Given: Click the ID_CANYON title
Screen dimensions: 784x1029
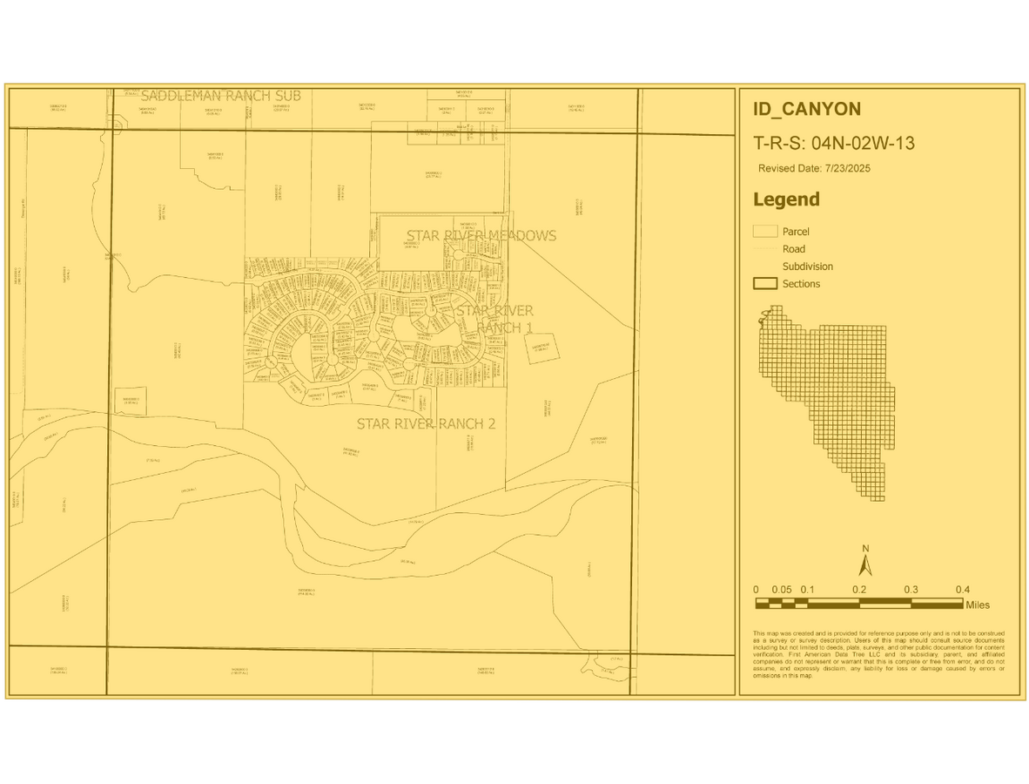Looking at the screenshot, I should (x=806, y=109).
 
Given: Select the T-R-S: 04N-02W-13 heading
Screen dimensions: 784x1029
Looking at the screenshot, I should (x=833, y=144).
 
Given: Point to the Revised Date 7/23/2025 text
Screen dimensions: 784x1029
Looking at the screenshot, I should (x=814, y=168).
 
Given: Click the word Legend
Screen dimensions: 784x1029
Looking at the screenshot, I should (x=786, y=199).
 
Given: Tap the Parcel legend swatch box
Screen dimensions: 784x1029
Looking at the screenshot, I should (x=764, y=232).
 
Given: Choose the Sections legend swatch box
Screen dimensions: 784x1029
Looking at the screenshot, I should (x=764, y=284).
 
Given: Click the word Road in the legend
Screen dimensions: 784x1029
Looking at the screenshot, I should (x=793, y=249).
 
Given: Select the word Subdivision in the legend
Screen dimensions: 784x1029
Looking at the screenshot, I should (x=807, y=267).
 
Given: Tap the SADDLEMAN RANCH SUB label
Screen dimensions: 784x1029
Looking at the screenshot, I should (x=220, y=95).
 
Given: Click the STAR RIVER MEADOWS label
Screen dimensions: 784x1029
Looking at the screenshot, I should (x=481, y=235).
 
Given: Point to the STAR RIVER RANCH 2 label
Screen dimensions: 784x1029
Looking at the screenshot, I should (x=426, y=423).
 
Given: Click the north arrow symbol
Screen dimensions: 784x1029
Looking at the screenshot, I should (x=865, y=565).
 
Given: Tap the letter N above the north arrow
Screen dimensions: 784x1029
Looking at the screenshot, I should (x=865, y=548).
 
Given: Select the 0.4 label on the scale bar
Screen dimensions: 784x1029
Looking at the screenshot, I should (x=962, y=590).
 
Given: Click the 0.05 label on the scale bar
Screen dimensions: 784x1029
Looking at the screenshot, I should (x=782, y=590).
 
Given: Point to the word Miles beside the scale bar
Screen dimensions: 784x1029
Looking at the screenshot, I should (x=977, y=605).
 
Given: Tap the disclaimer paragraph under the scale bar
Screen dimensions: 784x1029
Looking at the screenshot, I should (x=878, y=654).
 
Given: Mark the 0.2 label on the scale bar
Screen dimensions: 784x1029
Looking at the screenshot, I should (x=859, y=590).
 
